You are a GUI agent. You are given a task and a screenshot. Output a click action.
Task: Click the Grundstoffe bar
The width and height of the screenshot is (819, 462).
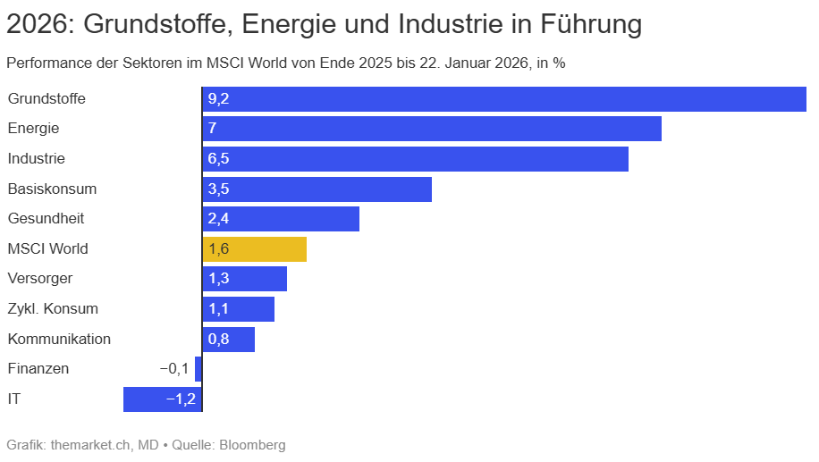pyautogui.click(x=504, y=99)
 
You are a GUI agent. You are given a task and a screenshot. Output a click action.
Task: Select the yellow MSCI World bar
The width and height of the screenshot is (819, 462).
pyautogui.click(x=255, y=249)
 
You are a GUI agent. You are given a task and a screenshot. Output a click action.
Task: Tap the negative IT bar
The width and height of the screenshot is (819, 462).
pyautogui.click(x=163, y=399)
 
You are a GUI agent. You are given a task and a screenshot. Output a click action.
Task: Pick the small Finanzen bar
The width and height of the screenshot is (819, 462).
pyautogui.click(x=198, y=369)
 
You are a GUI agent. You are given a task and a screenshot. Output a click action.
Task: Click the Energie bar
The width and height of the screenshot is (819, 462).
pyautogui.click(x=432, y=129)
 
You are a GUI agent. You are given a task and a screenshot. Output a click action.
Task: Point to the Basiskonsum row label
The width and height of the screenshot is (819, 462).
pyautogui.click(x=52, y=189)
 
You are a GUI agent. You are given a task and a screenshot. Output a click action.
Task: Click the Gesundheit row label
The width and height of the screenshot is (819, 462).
pyautogui.click(x=46, y=219)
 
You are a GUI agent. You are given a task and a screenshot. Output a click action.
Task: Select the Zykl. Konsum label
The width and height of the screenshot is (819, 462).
pyautogui.click(x=53, y=309)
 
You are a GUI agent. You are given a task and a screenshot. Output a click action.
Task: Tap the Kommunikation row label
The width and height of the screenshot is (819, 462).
pyautogui.click(x=59, y=340)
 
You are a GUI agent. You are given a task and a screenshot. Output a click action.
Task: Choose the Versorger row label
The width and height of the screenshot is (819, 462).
pyautogui.click(x=40, y=279)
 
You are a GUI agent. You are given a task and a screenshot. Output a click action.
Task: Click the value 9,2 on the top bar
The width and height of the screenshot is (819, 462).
pyautogui.click(x=218, y=99)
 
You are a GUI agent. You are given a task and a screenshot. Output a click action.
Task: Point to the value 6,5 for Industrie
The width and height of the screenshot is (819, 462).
pyautogui.click(x=218, y=159)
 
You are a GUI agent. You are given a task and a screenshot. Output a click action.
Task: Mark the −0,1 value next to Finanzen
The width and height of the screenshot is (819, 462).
pyautogui.click(x=173, y=369)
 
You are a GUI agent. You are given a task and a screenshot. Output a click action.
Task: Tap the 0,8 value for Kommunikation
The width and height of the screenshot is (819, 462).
pyautogui.click(x=218, y=340)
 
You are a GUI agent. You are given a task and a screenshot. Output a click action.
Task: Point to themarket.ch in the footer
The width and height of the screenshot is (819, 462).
pyautogui.click(x=92, y=444)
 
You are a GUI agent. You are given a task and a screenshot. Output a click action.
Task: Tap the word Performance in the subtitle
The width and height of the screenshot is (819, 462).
pyautogui.click(x=44, y=63)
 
